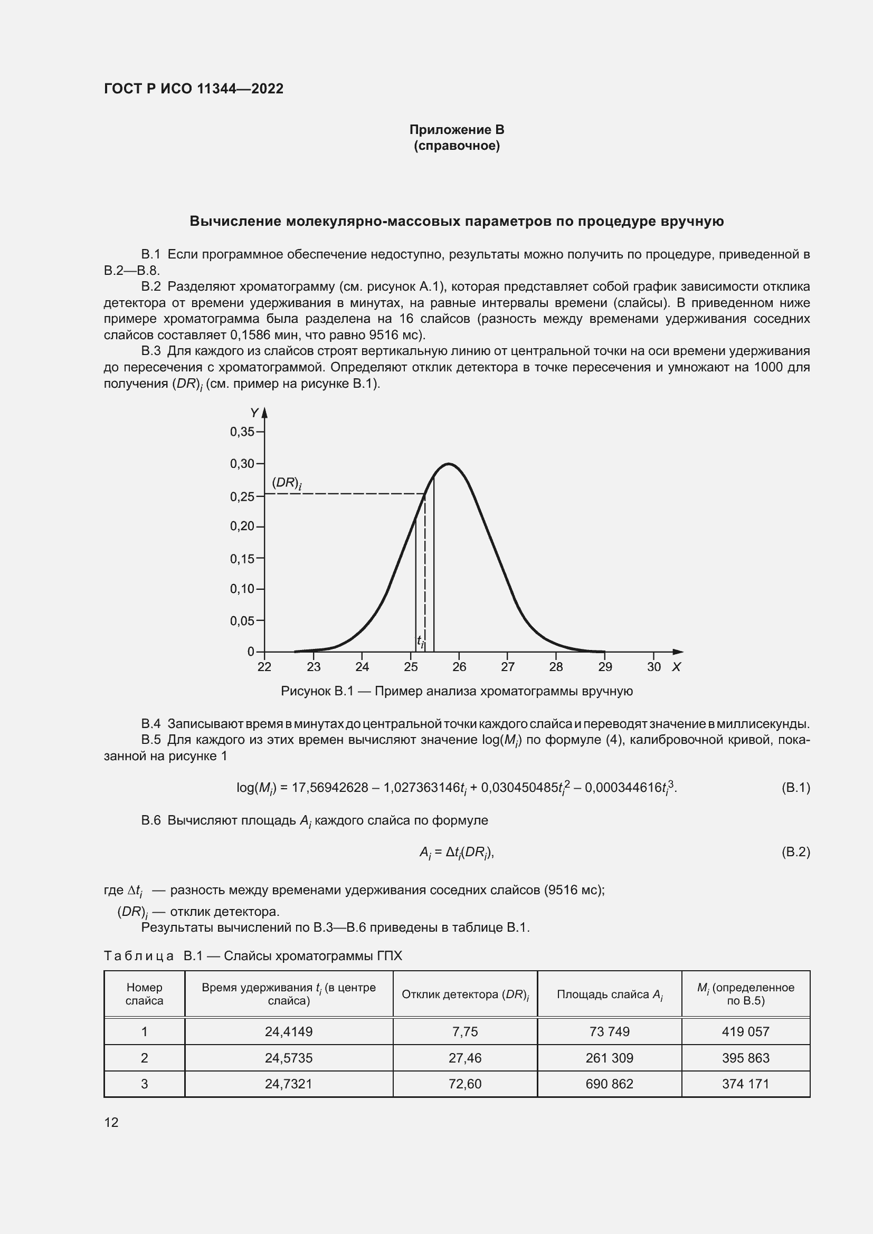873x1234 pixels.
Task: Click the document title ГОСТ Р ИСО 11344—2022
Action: [x=194, y=89]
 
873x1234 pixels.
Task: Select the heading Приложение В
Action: [x=457, y=130]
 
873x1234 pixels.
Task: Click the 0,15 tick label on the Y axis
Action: [x=242, y=558]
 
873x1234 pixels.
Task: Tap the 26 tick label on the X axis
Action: [x=459, y=667]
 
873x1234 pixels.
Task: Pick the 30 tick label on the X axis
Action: [x=653, y=667]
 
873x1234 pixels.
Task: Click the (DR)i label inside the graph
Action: [x=286, y=483]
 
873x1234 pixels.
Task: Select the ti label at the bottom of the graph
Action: [x=420, y=640]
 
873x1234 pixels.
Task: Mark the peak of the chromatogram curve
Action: [x=448, y=463]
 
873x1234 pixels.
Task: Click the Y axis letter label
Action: [x=254, y=413]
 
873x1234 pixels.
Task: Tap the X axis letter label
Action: [x=676, y=667]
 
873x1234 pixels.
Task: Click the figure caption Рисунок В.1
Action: [x=457, y=691]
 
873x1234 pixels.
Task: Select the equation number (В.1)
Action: [x=795, y=788]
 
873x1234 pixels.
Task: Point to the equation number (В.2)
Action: [x=795, y=852]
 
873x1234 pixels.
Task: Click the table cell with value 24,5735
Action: [x=289, y=1058]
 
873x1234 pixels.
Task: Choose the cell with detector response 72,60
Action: [x=465, y=1084]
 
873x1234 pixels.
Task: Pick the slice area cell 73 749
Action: [x=609, y=1031]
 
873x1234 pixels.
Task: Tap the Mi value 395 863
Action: [x=746, y=1058]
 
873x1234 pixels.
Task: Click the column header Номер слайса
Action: [x=144, y=994]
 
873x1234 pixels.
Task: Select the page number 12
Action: [x=111, y=1122]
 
